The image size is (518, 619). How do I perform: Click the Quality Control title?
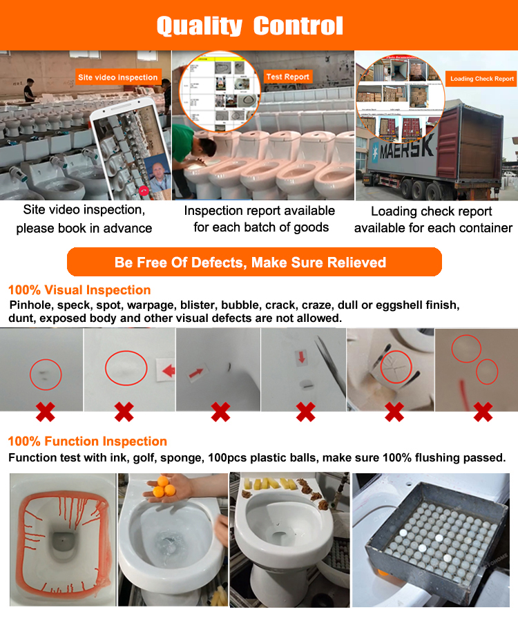click(x=249, y=26)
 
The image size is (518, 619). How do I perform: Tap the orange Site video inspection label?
click(x=117, y=77)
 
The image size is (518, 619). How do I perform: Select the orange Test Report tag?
click(x=287, y=77)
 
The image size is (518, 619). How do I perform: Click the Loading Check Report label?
click(x=482, y=79)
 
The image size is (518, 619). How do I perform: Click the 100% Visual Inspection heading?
click(x=79, y=290)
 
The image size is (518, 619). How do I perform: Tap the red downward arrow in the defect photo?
click(x=301, y=358)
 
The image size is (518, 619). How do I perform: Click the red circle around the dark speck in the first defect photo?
click(x=46, y=374)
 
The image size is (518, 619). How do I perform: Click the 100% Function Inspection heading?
click(x=87, y=441)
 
